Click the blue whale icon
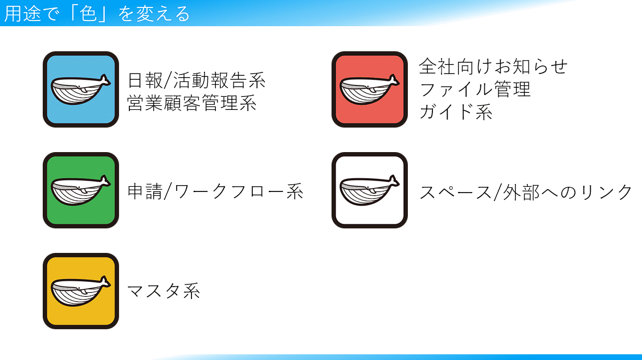coord(81,89)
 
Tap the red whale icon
coord(370,89)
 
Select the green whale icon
coord(81,190)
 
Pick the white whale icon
coord(370,190)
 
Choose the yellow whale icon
coord(81,291)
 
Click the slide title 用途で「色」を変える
coord(97,14)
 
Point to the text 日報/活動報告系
coord(197,80)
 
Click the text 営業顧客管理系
coord(192,103)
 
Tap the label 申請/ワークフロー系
coord(215,191)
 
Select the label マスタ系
coord(164,291)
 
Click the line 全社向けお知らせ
coord(493,66)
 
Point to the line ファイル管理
coord(475,89)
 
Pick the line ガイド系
coord(456,112)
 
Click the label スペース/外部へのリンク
coord(526,192)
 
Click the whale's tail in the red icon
coord(394,81)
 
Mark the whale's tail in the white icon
coord(394,182)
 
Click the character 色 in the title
coord(88,14)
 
